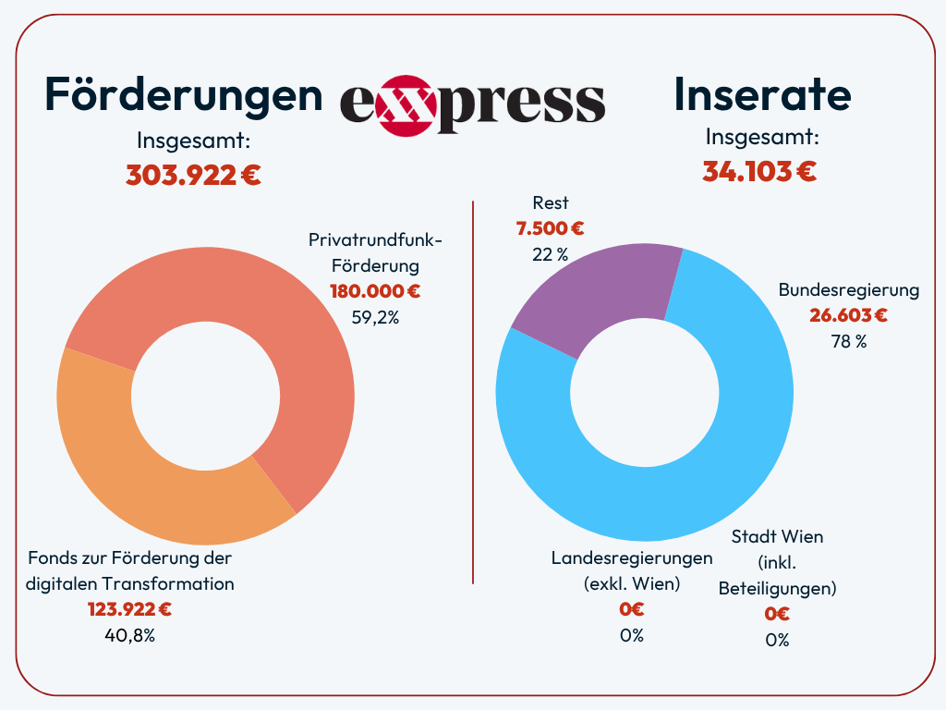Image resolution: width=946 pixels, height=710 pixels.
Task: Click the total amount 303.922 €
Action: click(x=193, y=175)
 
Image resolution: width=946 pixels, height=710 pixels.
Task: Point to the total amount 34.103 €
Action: click(x=759, y=171)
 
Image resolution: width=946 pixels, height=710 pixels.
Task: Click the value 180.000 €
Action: click(x=375, y=291)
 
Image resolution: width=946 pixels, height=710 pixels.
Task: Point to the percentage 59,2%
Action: click(x=375, y=316)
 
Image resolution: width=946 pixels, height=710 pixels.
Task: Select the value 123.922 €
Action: click(x=129, y=609)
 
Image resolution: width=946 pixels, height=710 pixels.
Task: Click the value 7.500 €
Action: click(x=551, y=228)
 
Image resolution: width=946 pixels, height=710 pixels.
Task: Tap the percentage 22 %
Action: click(x=551, y=253)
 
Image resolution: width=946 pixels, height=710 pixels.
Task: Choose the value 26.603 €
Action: click(x=849, y=315)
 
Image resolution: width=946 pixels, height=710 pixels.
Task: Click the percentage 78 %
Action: click(x=849, y=340)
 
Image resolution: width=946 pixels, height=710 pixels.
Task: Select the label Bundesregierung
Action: click(x=849, y=290)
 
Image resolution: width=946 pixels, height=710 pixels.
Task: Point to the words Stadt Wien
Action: click(x=777, y=537)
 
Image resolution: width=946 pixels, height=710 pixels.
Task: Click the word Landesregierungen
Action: click(x=632, y=558)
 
